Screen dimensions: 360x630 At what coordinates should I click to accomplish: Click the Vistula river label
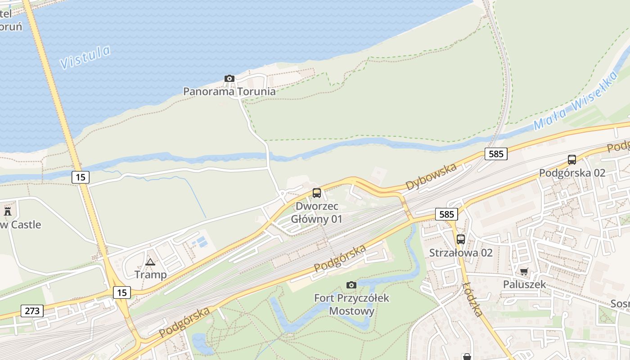[85, 57]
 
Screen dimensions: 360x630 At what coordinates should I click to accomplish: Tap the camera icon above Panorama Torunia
[229, 79]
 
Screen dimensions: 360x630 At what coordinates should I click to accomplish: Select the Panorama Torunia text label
[229, 91]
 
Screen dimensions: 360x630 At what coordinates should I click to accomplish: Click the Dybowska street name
[431, 176]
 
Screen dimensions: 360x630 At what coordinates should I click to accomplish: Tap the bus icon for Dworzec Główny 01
[317, 193]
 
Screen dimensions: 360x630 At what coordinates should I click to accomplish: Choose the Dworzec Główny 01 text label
[317, 213]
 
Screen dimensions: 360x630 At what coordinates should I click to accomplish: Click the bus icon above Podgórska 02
[572, 160]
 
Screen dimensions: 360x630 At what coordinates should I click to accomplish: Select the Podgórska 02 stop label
[572, 173]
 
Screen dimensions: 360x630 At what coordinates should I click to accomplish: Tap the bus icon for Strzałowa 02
[461, 239]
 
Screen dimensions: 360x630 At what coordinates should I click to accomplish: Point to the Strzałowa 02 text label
[461, 252]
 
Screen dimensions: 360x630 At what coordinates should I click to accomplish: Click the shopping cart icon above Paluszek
[524, 271]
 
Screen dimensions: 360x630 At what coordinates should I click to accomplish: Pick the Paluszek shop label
[524, 284]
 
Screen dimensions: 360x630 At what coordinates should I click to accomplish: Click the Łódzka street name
[472, 299]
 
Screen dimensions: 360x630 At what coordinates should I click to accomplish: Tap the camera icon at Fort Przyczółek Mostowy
[351, 285]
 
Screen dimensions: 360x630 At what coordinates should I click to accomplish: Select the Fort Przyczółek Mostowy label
[351, 304]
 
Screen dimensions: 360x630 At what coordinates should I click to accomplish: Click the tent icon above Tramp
[150, 261]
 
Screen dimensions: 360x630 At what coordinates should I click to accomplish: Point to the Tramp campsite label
[150, 274]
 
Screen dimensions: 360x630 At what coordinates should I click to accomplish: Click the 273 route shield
[32, 310]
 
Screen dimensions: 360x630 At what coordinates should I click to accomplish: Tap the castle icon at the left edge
[8, 211]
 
